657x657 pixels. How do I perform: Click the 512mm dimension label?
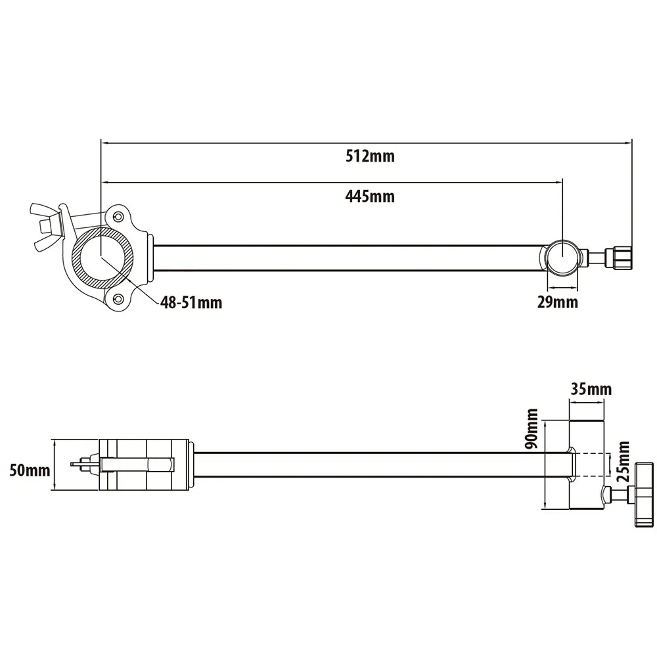(x=370, y=156)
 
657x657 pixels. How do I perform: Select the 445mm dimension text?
(x=370, y=196)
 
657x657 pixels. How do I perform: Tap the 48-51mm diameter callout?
(x=191, y=302)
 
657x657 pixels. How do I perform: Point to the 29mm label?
(x=558, y=302)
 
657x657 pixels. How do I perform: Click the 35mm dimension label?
(x=591, y=389)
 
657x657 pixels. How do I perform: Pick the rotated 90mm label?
(x=532, y=428)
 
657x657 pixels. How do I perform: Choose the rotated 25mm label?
(x=623, y=461)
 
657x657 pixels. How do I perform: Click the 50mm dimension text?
(x=30, y=470)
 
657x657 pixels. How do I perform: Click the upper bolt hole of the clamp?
(x=119, y=217)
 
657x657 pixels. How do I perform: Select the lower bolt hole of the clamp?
(x=119, y=298)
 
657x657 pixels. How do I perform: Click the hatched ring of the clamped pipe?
(x=102, y=258)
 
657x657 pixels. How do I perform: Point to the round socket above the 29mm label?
(x=563, y=258)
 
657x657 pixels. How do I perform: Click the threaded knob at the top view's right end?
(x=619, y=258)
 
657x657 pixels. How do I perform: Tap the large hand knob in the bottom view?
(x=645, y=495)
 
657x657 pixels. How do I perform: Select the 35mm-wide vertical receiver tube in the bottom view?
(x=587, y=464)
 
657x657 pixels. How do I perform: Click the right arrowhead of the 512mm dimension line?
(x=629, y=143)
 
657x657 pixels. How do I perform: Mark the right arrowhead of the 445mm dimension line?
(x=559, y=182)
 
